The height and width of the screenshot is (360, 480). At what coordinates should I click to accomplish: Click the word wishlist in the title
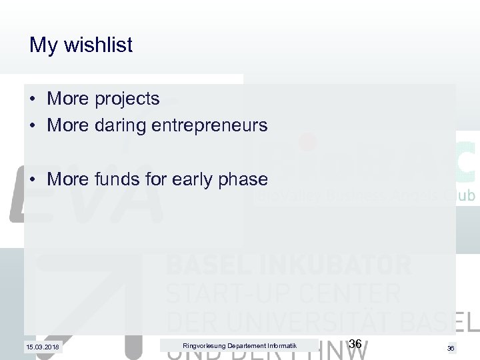pos(99,45)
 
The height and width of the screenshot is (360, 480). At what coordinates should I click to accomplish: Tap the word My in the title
pos(43,45)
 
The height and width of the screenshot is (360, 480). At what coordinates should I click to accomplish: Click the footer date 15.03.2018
pos(43,347)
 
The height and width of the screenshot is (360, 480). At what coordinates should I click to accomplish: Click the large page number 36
pos(355,344)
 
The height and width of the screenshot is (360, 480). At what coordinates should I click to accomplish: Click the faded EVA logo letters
pos(87,197)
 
